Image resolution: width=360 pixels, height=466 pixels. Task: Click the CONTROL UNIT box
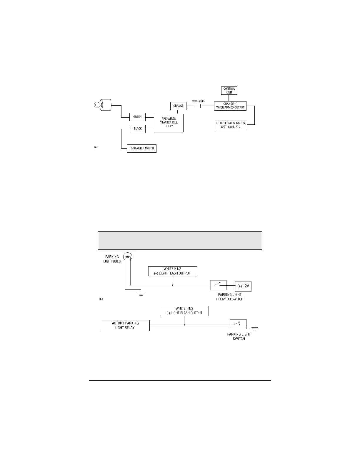[229, 91]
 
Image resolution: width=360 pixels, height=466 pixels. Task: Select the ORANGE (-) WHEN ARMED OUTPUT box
[230, 106]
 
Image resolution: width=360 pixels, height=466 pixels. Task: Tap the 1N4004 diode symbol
[198, 106]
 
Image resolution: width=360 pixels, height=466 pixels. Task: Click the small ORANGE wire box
[178, 106]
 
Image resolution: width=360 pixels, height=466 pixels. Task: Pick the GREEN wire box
[137, 117]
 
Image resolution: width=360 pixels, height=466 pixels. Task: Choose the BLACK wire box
[138, 129]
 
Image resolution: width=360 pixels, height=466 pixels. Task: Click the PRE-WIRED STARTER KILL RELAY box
[169, 123]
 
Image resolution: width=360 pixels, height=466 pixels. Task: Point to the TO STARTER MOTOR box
[141, 148]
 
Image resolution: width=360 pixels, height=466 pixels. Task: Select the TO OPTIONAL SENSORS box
[231, 125]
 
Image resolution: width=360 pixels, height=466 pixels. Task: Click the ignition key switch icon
[103, 105]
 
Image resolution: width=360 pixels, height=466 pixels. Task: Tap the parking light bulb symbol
[128, 257]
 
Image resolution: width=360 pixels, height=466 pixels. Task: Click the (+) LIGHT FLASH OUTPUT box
[173, 271]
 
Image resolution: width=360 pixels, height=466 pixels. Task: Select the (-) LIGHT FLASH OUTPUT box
[184, 311]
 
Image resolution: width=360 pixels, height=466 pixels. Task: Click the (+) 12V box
[243, 286]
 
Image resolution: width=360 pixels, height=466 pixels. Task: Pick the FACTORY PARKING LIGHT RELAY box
[125, 325]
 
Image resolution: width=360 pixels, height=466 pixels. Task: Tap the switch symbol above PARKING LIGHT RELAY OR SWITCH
[218, 285]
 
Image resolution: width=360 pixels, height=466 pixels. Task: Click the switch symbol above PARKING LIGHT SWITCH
[238, 324]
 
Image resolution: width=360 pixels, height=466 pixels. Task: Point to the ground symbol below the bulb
[141, 294]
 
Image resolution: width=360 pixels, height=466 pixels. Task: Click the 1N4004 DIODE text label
[198, 101]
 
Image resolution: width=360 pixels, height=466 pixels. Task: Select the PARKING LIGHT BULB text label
[112, 259]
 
